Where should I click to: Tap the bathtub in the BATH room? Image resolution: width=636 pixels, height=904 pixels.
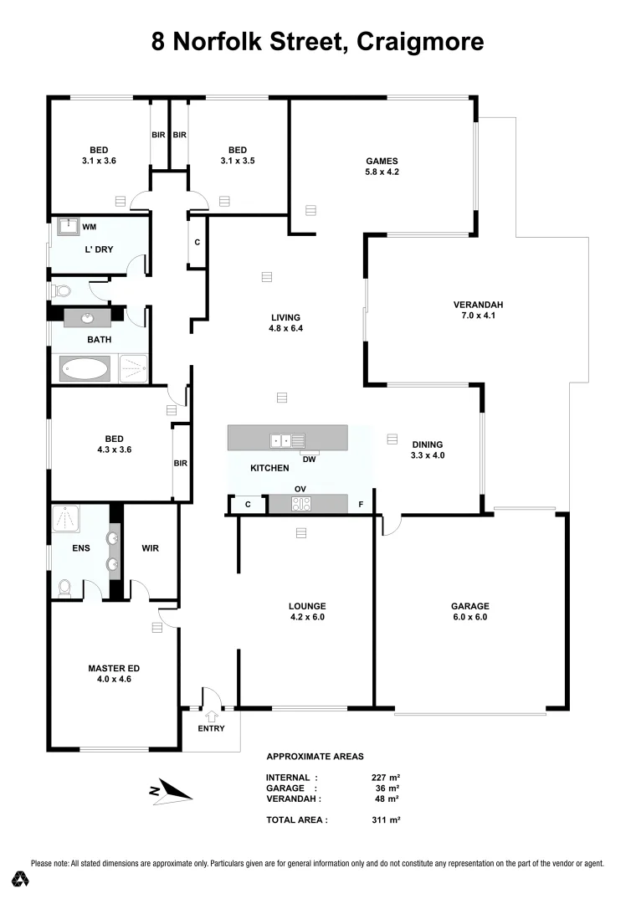pos(84,368)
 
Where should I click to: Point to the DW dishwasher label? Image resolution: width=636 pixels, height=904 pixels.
pos(309,459)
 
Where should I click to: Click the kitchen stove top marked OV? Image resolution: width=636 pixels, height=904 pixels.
pos(300,503)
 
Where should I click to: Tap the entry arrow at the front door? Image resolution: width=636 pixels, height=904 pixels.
pos(211,713)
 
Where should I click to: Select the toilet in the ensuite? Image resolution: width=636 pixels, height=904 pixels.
pos(64,588)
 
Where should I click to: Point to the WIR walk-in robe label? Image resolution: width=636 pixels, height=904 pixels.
pos(151,549)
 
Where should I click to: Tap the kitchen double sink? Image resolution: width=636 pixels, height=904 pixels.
pos(280,439)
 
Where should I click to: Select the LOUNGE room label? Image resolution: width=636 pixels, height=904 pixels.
pos(307,606)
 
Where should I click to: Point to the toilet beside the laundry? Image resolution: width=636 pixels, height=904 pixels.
pos(60,291)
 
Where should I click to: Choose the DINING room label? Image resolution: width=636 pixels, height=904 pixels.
pos(427,444)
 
